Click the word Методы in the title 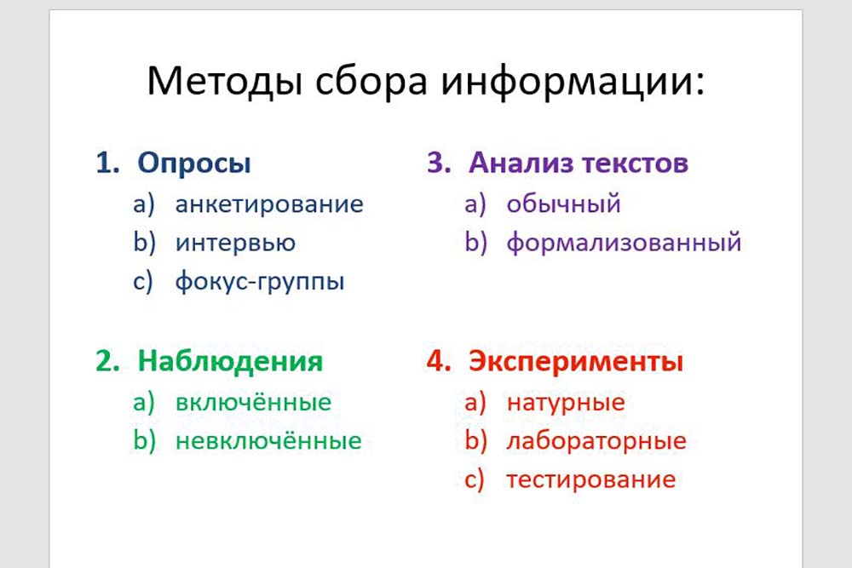pyautogui.click(x=224, y=82)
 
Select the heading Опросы pyautogui.click(x=194, y=163)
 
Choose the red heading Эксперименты pyautogui.click(x=576, y=361)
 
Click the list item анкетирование pyautogui.click(x=269, y=204)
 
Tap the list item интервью pyautogui.click(x=235, y=243)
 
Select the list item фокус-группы pyautogui.click(x=260, y=281)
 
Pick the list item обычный pyautogui.click(x=563, y=204)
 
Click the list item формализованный pyautogui.click(x=624, y=242)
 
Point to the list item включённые pyautogui.click(x=253, y=402)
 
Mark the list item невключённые pyautogui.click(x=268, y=440)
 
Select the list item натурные pyautogui.click(x=566, y=403)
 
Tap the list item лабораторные pyautogui.click(x=596, y=440)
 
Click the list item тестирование pyautogui.click(x=590, y=479)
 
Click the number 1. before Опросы pyautogui.click(x=107, y=163)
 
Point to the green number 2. pyautogui.click(x=107, y=361)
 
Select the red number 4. pyautogui.click(x=439, y=361)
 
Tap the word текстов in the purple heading pyautogui.click(x=636, y=164)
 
